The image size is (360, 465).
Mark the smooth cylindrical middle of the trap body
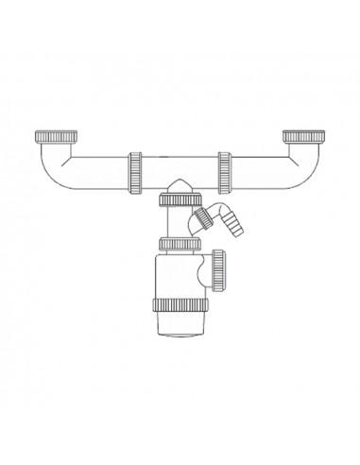[x=170, y=279]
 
